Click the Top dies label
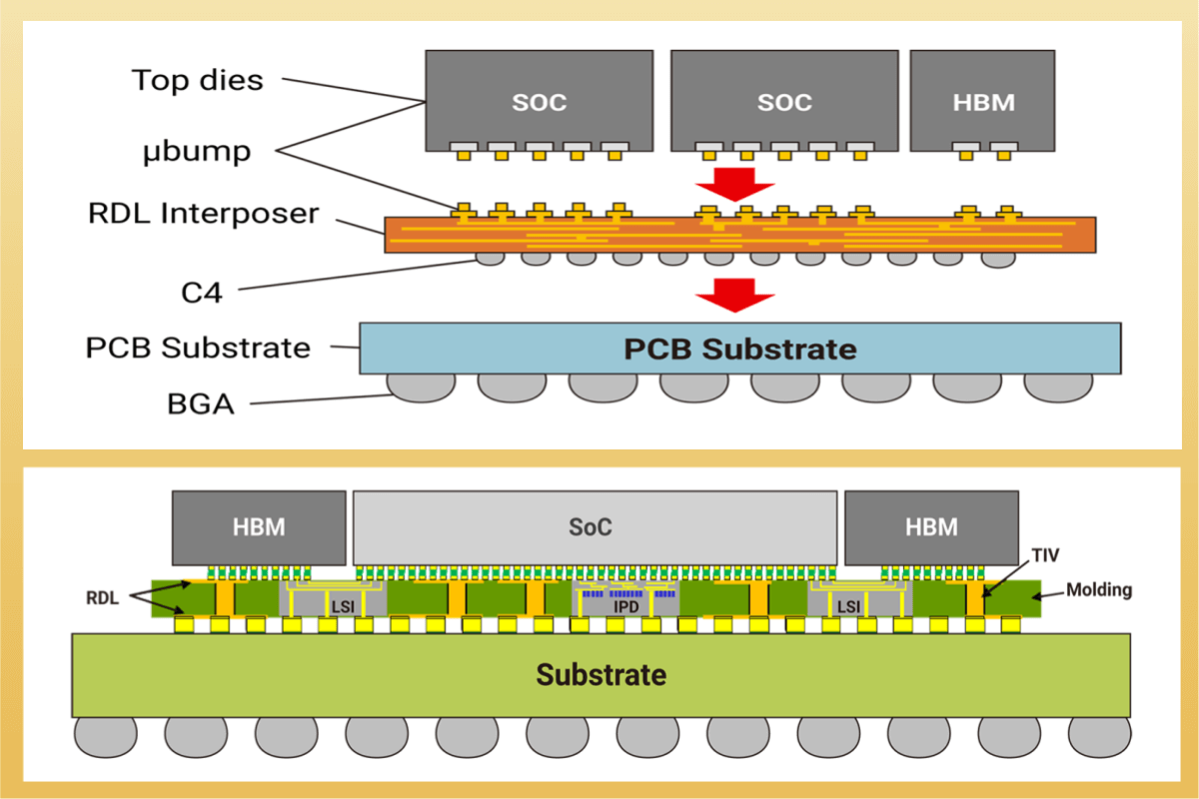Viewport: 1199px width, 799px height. (197, 80)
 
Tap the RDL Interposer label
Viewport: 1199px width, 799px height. (203, 213)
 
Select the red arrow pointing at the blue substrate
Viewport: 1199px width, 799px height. (735, 295)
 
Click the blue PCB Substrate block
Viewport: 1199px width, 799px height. (739, 349)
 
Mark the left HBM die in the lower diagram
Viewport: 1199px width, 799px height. (259, 526)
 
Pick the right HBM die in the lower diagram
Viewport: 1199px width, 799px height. (931, 526)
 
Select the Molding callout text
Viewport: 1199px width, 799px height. (1098, 589)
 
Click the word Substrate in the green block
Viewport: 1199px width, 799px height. (600, 674)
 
